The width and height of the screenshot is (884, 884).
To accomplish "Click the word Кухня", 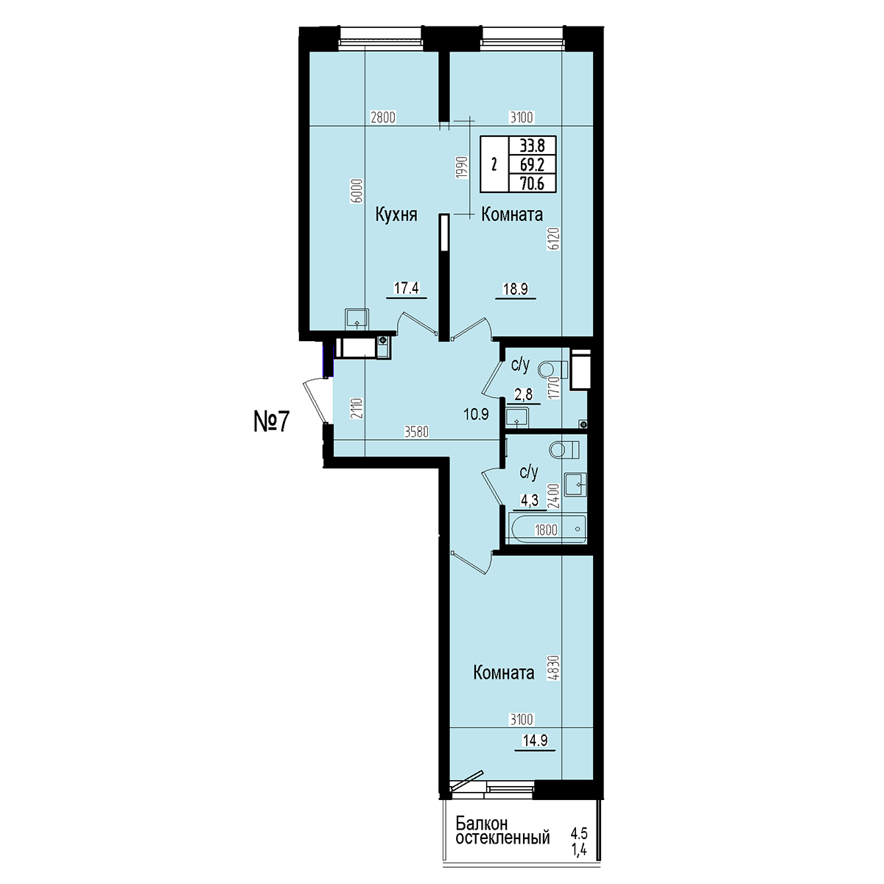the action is [396, 214].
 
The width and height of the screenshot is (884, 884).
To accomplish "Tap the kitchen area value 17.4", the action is [407, 288].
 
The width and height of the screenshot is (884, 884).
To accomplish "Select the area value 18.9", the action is [516, 289].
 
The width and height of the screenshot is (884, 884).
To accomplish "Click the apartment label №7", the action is [272, 421].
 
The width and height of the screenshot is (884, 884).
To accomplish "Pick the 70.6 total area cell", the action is [532, 183].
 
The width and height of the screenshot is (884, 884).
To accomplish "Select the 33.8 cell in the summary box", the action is [532, 146].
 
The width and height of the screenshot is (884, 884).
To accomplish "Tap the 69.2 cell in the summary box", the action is [532, 164].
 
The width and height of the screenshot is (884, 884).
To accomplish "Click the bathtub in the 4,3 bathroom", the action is [548, 530].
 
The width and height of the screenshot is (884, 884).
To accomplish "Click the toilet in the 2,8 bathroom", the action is [552, 369].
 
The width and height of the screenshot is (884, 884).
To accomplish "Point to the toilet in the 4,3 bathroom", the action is [564, 449].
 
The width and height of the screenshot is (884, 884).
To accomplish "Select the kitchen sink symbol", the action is [357, 319].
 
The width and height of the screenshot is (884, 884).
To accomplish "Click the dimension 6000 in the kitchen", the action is [359, 190].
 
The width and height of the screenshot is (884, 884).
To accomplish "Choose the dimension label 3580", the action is [416, 432].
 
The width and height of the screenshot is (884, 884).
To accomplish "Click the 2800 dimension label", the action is [383, 117].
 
